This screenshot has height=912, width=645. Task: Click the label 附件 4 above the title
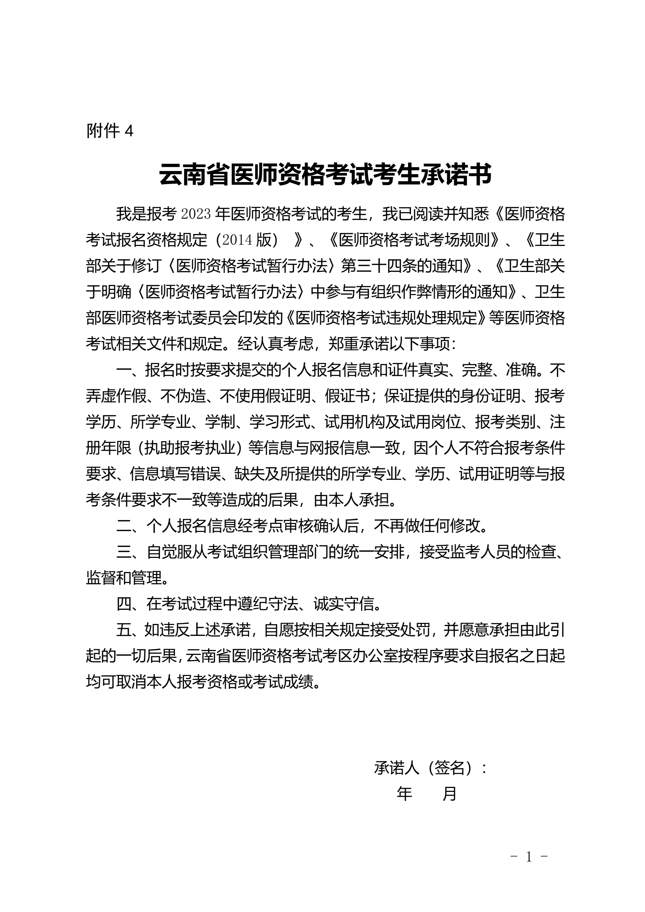point(110,131)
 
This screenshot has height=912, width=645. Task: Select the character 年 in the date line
point(404,794)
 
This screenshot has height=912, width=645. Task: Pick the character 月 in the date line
point(450,794)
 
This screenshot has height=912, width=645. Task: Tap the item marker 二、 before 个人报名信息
point(130,527)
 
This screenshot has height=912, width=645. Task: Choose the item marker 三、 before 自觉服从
point(130,553)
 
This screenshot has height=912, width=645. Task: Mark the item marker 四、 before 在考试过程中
point(130,605)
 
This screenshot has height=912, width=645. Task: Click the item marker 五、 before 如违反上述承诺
point(130,630)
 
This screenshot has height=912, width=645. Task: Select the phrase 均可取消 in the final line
point(116,682)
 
